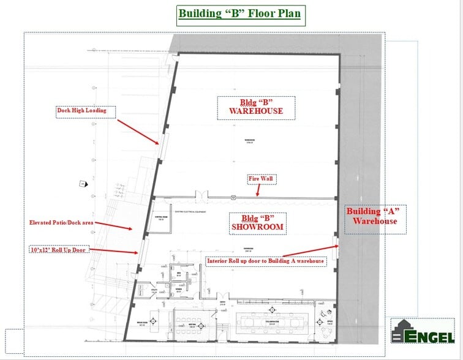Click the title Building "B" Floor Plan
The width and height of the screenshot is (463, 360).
[239, 13]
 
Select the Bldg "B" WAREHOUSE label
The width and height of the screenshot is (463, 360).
[255, 107]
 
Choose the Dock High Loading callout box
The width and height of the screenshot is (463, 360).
[81, 111]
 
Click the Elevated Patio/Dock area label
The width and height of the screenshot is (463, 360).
[61, 223]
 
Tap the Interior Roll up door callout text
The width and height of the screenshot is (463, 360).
[266, 261]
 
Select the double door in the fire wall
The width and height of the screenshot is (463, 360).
[201, 197]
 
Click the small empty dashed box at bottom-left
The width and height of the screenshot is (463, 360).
[13, 340]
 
